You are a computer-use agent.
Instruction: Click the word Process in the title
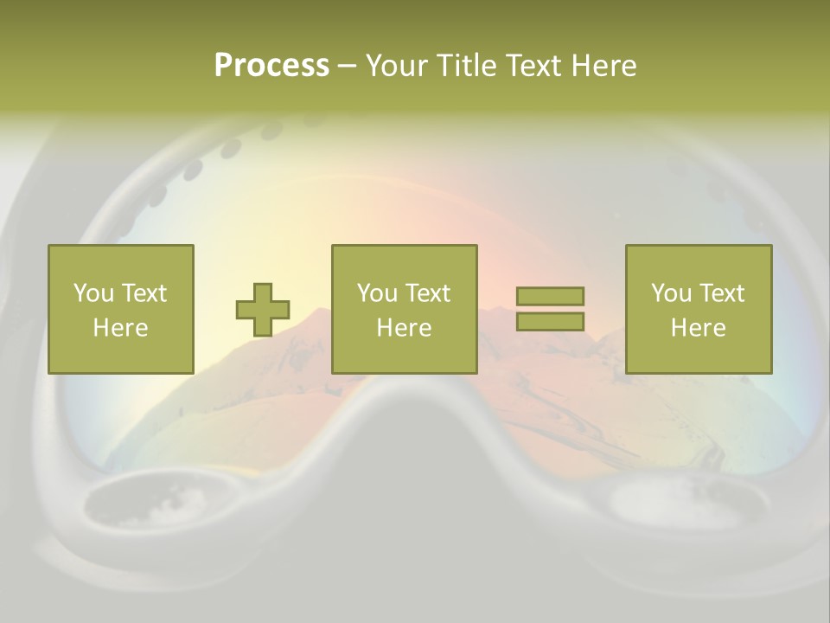coord(271,66)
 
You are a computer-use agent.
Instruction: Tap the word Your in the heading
coord(399,66)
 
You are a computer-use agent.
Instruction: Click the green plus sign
coord(263,310)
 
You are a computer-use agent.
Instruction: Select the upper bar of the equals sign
coord(550,296)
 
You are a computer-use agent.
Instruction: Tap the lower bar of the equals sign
coord(550,321)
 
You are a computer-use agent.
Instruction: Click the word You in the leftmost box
coord(93,293)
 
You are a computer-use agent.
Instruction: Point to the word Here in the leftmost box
coord(121,328)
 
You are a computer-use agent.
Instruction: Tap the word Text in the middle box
coord(428,293)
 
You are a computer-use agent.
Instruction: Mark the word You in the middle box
coord(377,293)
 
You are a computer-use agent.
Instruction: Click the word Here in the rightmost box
coord(699,328)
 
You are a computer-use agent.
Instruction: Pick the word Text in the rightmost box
coord(722,293)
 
